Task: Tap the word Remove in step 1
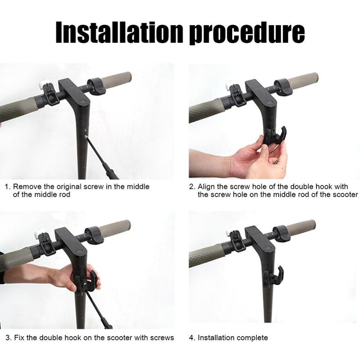coord(27,186)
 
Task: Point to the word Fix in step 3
coord(19,337)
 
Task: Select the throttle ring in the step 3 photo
coord(95,235)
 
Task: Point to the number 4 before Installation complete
coord(191,337)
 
